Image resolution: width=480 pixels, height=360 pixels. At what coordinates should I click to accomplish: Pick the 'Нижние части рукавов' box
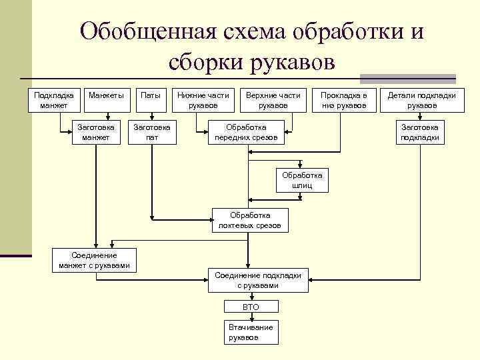(x=203, y=100)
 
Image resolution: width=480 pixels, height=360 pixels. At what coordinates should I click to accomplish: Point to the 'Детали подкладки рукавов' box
(x=422, y=100)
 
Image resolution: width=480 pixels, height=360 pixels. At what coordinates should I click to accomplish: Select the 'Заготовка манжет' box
(x=96, y=132)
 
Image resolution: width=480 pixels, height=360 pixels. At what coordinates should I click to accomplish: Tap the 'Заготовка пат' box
(x=152, y=132)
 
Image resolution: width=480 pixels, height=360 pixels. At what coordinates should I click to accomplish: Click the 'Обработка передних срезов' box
(x=246, y=132)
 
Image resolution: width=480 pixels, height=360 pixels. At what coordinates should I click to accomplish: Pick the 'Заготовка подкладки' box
(x=419, y=132)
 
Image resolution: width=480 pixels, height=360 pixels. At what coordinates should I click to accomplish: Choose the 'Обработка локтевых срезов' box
(x=250, y=221)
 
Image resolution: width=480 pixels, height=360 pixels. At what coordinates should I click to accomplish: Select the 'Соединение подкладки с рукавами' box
(x=257, y=280)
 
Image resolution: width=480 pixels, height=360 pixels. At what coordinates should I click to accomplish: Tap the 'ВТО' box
(x=251, y=307)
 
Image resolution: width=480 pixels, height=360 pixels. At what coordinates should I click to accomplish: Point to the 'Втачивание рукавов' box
(x=251, y=332)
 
